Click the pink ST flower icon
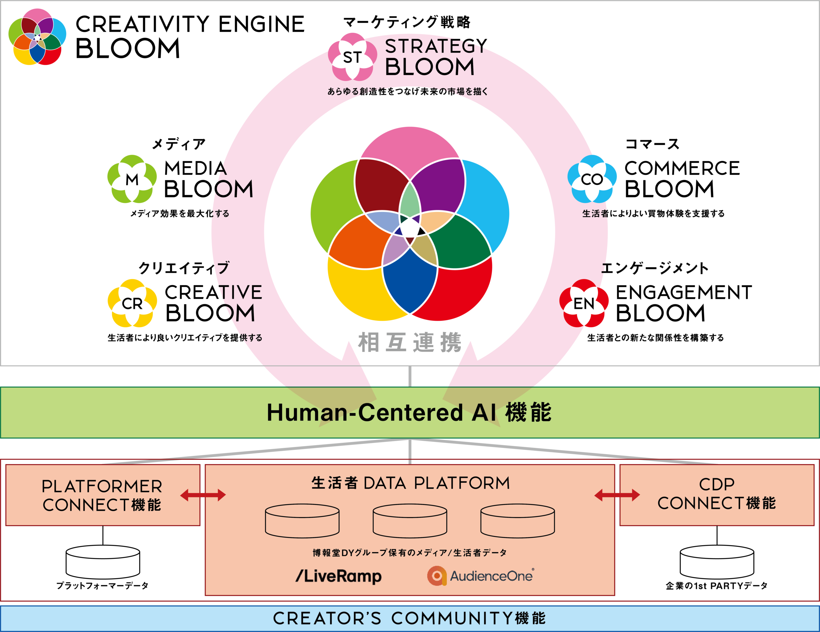(352, 57)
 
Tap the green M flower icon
(132, 179)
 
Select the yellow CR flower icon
(132, 303)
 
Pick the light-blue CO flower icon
(592, 179)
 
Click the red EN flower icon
(584, 303)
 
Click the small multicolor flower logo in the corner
(37, 37)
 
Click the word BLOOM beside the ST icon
(430, 67)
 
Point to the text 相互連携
(409, 342)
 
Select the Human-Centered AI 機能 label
(409, 412)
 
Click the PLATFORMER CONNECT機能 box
(102, 495)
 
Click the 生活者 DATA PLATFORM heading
(410, 483)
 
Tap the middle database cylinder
(410, 521)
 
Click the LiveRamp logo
(339, 576)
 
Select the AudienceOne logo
(480, 576)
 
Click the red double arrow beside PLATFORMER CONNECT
(203, 495)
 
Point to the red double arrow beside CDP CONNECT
(617, 495)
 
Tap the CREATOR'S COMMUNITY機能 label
(409, 619)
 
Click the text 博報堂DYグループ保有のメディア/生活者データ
(410, 552)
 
